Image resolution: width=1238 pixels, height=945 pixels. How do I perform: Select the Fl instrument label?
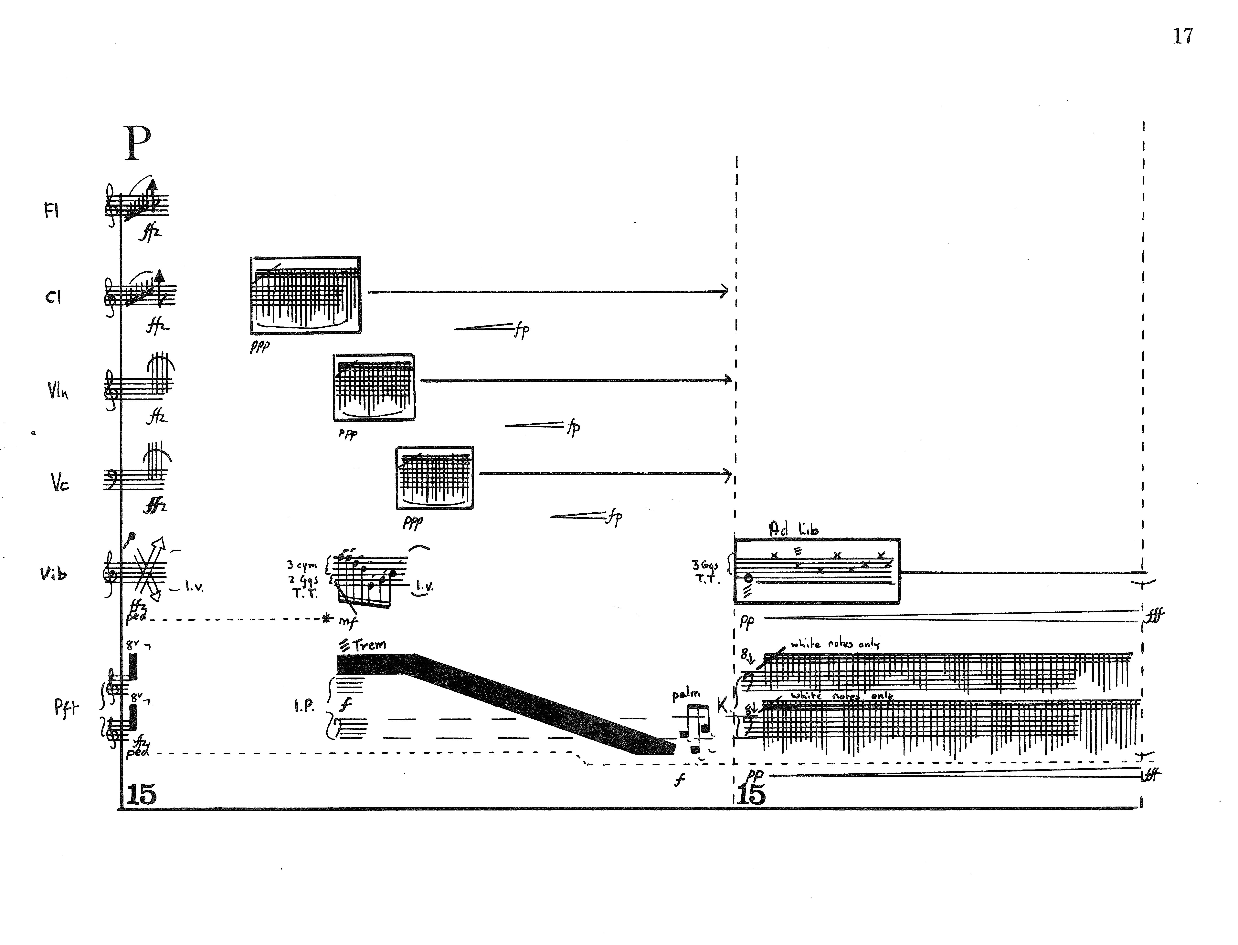(51, 211)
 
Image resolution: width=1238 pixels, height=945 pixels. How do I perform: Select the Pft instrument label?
(66, 708)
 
